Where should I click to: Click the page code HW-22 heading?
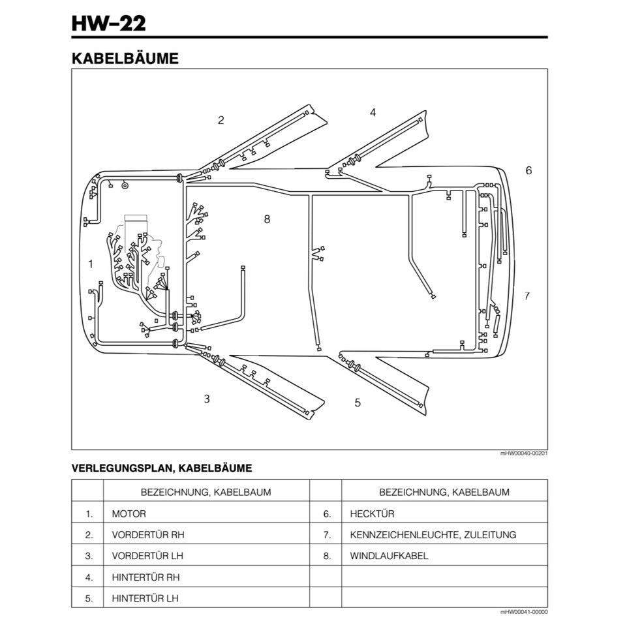[109, 23]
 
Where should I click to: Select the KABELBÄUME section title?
[125, 59]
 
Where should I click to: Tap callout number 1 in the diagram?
[91, 264]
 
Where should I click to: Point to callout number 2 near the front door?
[221, 120]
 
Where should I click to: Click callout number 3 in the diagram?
[207, 399]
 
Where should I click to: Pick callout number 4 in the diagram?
[373, 112]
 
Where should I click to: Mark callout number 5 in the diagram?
[358, 403]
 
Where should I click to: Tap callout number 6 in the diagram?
[528, 170]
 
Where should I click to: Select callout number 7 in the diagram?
[527, 296]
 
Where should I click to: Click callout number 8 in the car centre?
[267, 219]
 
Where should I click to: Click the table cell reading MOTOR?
[129, 514]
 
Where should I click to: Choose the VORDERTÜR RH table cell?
[148, 535]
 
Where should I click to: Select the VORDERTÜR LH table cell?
[148, 556]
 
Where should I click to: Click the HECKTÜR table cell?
[372, 514]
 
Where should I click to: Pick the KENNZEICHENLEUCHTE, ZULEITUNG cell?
[433, 535]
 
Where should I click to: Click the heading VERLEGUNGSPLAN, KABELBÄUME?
[161, 468]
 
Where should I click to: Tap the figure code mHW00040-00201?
[524, 453]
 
